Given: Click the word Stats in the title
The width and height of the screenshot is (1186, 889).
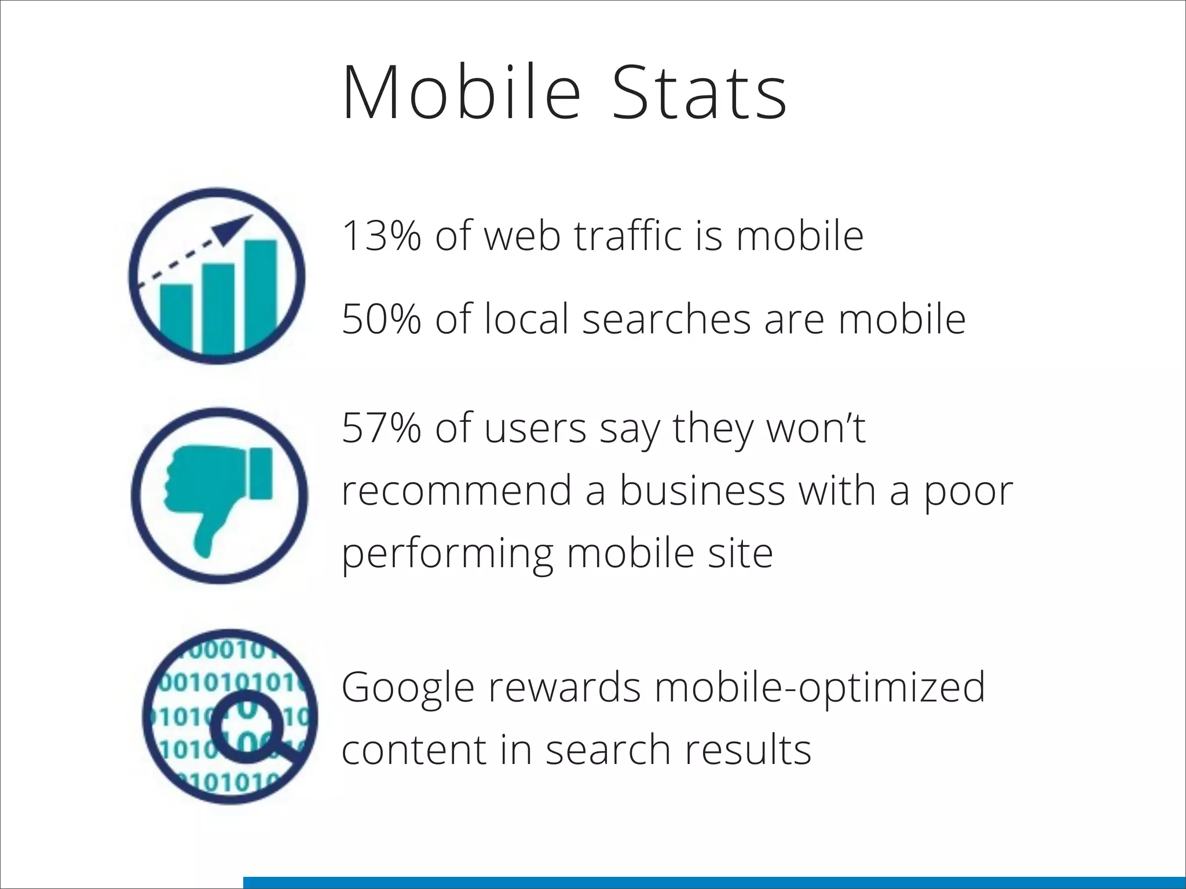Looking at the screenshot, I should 700,93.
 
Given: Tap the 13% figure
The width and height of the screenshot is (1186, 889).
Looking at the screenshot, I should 381,236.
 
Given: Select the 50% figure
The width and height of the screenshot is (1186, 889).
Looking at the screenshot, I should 381,319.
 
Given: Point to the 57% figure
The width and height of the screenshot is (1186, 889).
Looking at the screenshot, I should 381,428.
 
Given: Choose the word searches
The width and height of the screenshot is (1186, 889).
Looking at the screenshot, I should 666,319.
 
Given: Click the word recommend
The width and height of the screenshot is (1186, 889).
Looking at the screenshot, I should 456,491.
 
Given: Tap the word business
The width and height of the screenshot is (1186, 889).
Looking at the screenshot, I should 702,491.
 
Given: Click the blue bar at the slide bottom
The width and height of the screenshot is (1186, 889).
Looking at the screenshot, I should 714,883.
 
